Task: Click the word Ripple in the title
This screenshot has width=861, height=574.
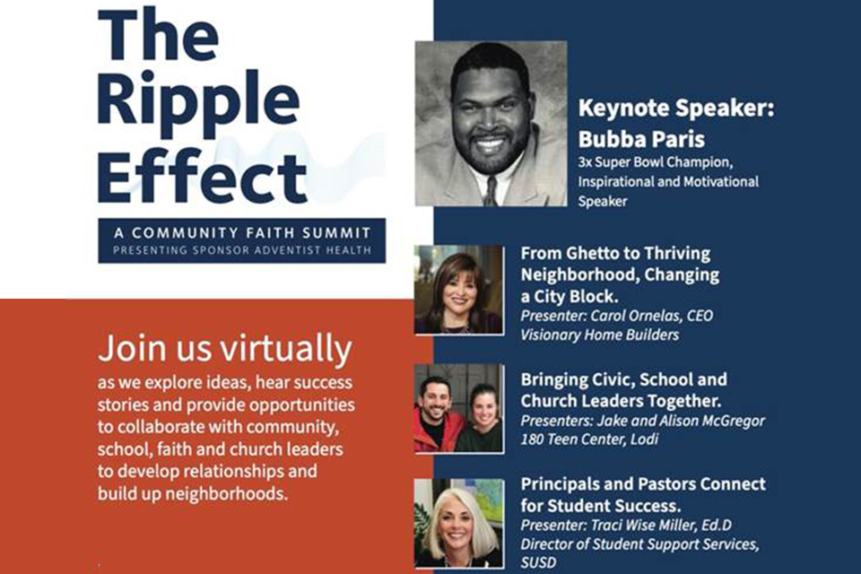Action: pos(198,103)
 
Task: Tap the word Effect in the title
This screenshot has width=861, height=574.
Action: pos(202,177)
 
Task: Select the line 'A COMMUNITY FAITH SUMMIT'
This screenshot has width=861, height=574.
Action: pos(242,233)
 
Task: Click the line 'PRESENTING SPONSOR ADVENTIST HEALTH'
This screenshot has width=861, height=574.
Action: pos(242,250)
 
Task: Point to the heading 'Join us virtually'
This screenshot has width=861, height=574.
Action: pos(225,349)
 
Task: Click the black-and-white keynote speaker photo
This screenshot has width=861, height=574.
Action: pos(491,124)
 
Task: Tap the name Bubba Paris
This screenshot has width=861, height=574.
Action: pos(640,139)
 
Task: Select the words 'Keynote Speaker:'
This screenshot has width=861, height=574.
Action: pos(676,108)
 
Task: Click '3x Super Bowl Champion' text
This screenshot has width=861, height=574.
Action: pos(654,162)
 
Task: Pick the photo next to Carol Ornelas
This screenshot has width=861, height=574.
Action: pos(458,290)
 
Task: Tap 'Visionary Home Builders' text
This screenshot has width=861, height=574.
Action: pos(600,335)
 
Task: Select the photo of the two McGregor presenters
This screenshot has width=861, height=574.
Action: pos(459,408)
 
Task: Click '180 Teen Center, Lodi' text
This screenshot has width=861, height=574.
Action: pos(589,439)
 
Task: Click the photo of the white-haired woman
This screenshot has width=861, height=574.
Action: pos(459,523)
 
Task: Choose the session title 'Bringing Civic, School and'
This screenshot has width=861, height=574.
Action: pos(624,379)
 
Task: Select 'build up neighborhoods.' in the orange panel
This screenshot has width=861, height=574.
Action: pos(193,494)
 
